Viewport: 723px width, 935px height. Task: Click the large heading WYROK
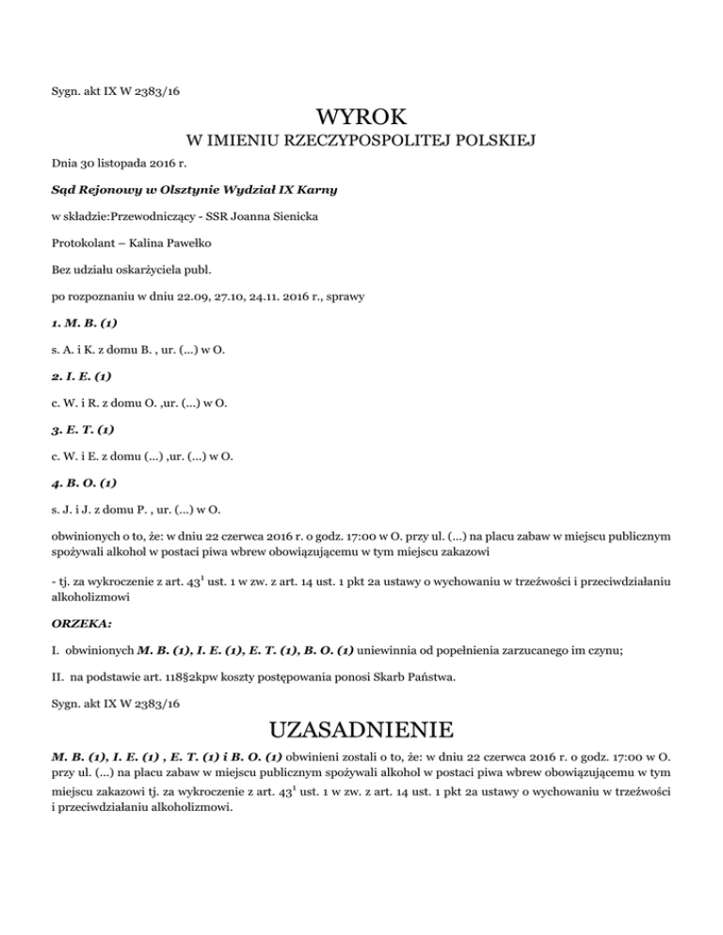click(361, 119)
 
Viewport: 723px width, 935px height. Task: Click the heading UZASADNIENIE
click(361, 730)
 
